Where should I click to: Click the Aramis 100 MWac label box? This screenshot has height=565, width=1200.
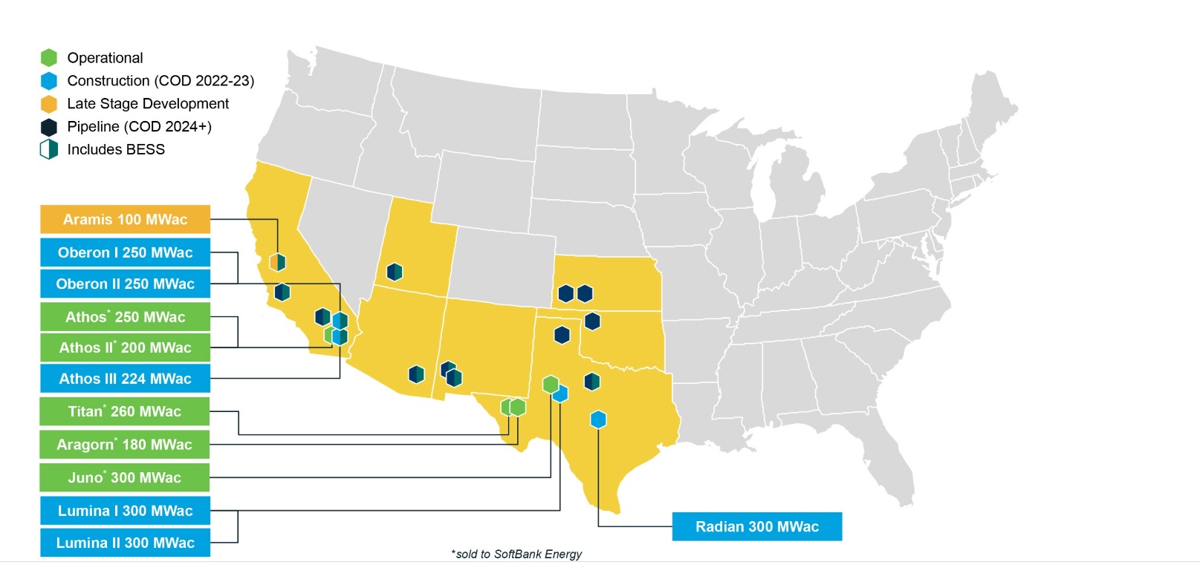coord(125,220)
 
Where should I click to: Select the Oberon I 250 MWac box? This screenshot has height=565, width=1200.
coord(125,252)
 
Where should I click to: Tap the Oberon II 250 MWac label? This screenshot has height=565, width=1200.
coord(125,284)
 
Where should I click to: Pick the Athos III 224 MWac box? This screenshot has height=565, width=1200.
coord(125,379)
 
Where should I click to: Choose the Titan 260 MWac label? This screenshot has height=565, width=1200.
coord(125,411)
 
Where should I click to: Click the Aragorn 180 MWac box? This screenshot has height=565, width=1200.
coord(125,445)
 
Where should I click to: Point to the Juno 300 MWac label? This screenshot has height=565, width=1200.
coord(125,477)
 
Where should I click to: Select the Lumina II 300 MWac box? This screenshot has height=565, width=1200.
coord(125,543)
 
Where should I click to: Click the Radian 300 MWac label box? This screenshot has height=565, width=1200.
coord(756,526)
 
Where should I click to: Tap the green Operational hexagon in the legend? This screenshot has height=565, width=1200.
coord(49,58)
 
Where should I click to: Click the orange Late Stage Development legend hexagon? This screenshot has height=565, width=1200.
coord(49,104)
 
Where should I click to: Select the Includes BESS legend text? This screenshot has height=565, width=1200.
coord(116,149)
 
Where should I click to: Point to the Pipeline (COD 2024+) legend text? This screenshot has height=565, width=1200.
coord(139,126)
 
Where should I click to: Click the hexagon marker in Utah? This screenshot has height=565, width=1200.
coord(395,272)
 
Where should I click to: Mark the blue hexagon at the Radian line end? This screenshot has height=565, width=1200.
coord(598,419)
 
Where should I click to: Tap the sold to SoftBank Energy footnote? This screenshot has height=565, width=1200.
coord(516,554)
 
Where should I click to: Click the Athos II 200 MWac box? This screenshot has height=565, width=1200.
coord(125,347)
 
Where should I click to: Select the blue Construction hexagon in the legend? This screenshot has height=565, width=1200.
coord(49,81)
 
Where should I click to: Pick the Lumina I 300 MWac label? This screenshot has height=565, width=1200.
coord(125,511)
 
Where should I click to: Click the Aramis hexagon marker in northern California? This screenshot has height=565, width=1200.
coord(277,262)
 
